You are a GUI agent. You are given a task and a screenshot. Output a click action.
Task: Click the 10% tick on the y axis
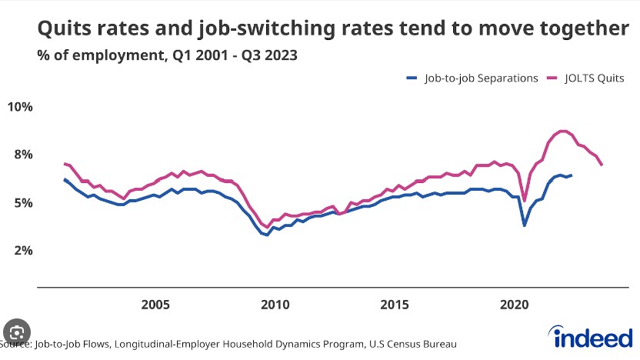(20, 106)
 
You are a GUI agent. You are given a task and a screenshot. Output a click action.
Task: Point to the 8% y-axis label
(20, 155)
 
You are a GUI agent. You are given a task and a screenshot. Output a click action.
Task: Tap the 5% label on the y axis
(20, 203)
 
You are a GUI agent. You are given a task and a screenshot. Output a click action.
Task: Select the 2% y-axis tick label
(20, 251)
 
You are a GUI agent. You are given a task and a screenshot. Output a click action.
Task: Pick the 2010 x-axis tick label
(275, 304)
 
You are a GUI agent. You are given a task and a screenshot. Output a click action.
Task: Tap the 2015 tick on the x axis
(395, 304)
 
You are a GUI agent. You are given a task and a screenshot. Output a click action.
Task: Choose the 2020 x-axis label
(514, 304)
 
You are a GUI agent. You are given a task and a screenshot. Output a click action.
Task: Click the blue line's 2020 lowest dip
(525, 225)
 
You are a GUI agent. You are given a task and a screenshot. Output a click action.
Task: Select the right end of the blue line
(571, 175)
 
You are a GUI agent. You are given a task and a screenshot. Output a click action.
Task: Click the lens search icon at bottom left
(15, 333)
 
